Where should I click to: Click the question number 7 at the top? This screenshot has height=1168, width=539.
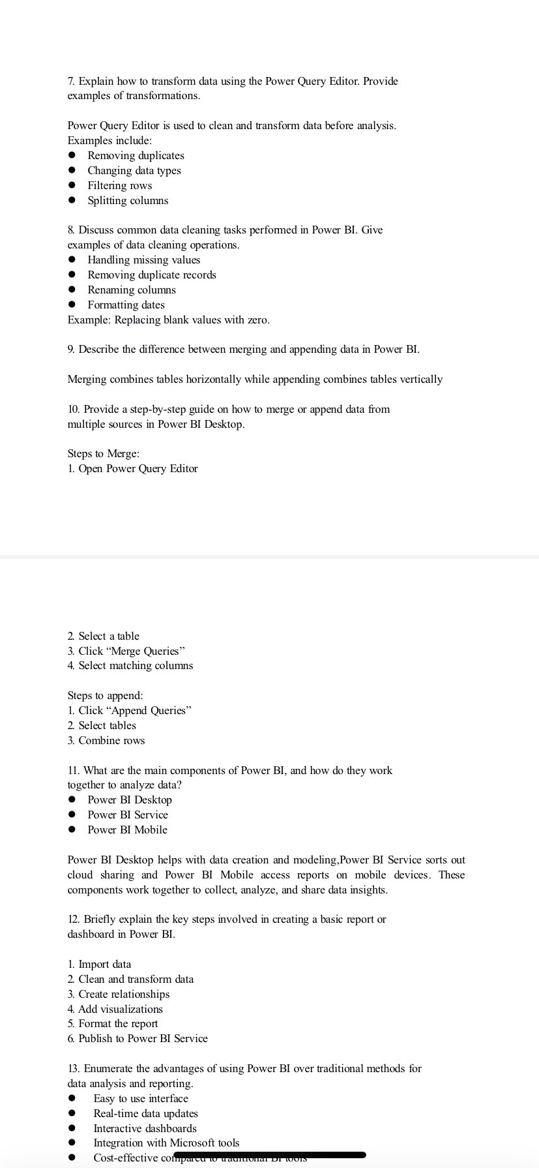pos(71,82)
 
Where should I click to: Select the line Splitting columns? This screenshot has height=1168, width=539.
pos(128,201)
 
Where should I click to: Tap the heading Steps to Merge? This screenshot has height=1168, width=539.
pos(103,454)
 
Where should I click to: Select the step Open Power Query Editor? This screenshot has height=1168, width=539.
pos(138,469)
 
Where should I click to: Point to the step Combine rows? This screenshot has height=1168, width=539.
pos(111,741)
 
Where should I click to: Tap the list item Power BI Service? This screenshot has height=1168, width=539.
pos(128,815)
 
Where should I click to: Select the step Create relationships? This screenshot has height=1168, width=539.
pos(124,995)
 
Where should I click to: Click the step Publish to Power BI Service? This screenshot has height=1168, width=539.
pos(143,1039)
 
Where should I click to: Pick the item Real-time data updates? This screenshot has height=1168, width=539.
pos(145,1114)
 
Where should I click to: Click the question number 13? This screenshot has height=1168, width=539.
pos(74,1069)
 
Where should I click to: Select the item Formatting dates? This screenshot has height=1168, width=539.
pos(126,305)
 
